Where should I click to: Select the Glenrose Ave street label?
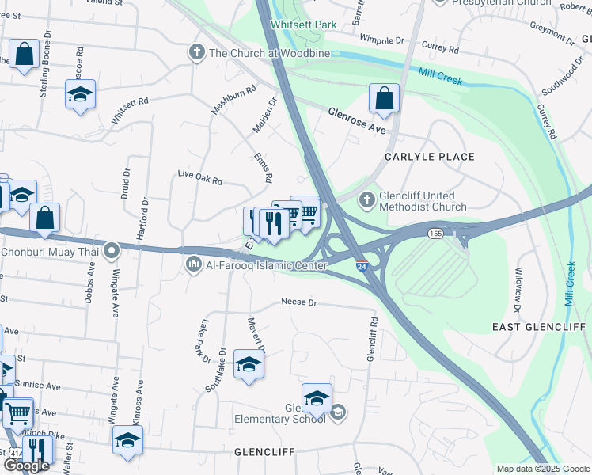356,120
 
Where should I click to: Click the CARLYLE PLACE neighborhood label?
430,157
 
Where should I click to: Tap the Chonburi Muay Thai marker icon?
112,252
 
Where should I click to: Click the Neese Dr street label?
299,302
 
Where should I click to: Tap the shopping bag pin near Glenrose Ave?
384,99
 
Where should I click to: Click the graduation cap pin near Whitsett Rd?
79,95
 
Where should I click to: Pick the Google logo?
25,465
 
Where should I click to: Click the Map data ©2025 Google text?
542,468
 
